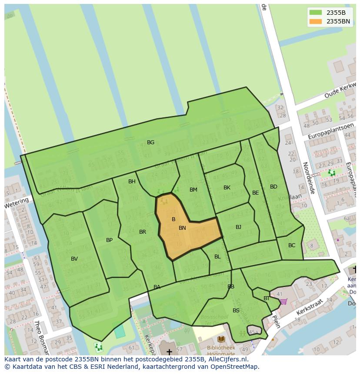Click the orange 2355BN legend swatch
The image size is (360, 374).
[x=316, y=21]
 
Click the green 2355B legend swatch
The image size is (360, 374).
[x=316, y=13]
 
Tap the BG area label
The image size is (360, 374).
[x=150, y=142]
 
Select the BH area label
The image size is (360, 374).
[x=132, y=182]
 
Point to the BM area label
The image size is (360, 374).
[x=193, y=190]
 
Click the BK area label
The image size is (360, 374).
[x=227, y=188]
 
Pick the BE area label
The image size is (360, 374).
[x=256, y=193]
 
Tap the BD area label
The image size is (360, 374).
[x=273, y=187]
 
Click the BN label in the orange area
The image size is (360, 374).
[x=182, y=228]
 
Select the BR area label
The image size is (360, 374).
[x=143, y=232]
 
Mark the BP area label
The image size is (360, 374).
[x=109, y=240]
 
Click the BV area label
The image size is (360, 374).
[x=74, y=259]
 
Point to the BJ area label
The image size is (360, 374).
[x=238, y=227]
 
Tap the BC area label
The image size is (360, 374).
[x=292, y=245]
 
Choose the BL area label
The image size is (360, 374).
[x=217, y=257]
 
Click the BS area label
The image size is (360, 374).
[x=236, y=311]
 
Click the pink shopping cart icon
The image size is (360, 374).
[x=283, y=301]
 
